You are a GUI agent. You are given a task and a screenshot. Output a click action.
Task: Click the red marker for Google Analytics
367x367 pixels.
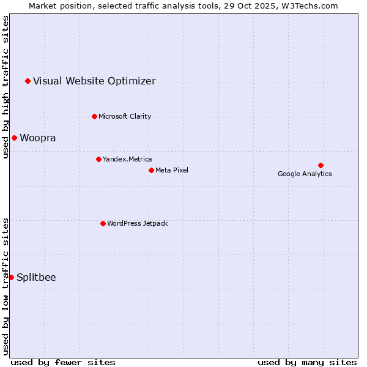coord(321,165)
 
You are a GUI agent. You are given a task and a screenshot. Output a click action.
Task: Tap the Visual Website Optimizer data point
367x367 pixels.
coord(28,81)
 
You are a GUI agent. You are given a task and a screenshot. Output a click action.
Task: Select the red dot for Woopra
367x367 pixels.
coord(14,138)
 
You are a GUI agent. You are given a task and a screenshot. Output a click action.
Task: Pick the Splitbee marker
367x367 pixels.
coord(11,277)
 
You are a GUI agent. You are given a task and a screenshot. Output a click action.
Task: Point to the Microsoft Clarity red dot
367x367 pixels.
coord(94,116)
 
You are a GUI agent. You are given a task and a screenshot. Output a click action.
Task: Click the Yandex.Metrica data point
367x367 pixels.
coord(98,159)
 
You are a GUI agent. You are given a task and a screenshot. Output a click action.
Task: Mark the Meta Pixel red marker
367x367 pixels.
coord(151,170)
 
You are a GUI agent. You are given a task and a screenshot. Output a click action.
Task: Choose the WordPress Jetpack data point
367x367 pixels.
coord(103,223)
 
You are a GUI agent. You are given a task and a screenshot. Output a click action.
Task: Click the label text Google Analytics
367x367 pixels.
coord(305,174)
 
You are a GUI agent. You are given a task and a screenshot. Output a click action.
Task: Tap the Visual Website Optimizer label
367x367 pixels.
coord(94,81)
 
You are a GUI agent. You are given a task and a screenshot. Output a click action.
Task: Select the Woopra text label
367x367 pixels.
coord(38,138)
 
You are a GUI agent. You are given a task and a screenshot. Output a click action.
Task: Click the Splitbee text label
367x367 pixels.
coord(36,277)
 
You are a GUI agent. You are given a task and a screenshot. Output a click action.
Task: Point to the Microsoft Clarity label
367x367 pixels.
coord(125,116)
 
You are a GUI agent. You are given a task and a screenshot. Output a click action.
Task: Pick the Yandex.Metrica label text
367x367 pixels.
coord(127,159)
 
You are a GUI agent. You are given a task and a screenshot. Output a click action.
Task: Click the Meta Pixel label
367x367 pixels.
coord(172,170)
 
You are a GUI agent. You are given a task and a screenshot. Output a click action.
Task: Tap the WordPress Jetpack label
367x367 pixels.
coord(137,223)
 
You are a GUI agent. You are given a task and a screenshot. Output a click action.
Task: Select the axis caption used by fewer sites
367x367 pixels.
coord(63,362)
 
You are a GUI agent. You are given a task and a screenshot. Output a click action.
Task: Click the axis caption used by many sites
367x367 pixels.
coord(307,362)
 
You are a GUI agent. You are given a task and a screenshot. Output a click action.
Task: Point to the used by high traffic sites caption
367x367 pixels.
coord(6,87)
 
